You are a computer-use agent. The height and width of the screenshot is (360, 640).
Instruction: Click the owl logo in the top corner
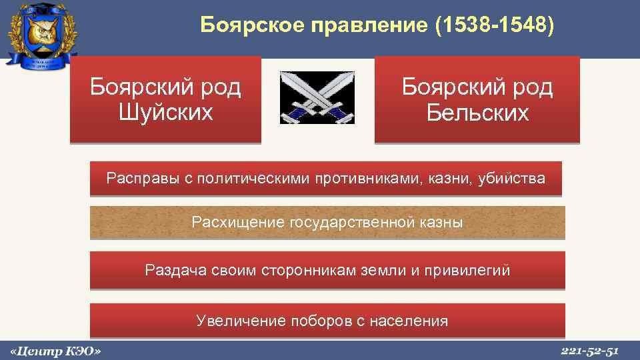point(41,33)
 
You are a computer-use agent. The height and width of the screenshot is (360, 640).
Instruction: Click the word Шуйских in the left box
point(165,111)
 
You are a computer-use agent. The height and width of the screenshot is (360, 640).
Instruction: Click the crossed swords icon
point(317,99)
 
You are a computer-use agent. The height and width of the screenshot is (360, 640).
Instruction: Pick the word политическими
point(257,179)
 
